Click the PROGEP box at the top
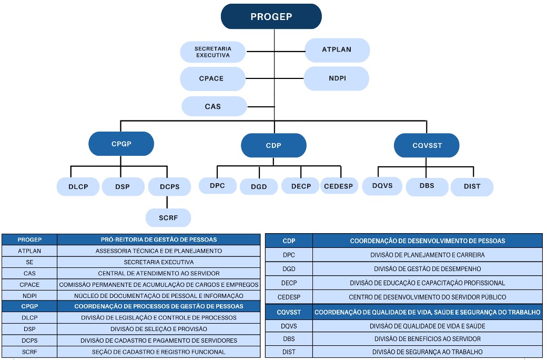coord(271,16)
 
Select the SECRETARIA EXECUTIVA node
coord(212,52)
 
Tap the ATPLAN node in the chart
coord(337,50)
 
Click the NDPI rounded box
coord(337,78)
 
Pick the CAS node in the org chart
coord(213,106)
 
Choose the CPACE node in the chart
coord(211,78)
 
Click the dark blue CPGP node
coord(121,144)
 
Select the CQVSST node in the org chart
coord(426,146)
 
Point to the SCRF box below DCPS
coord(168,217)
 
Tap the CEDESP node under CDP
coord(339,186)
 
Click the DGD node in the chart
coord(259,187)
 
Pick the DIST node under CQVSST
coord(472,186)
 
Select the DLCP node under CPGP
coord(78,186)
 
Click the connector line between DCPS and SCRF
coord(167,202)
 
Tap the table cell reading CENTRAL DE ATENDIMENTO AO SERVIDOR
coord(158,273)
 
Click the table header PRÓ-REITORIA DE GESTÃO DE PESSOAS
coord(158,239)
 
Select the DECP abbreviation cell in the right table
coord(289,283)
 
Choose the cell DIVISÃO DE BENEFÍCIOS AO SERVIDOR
coord(427,338)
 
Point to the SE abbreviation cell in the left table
coord(29,262)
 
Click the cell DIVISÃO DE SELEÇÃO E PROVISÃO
coord(158,329)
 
